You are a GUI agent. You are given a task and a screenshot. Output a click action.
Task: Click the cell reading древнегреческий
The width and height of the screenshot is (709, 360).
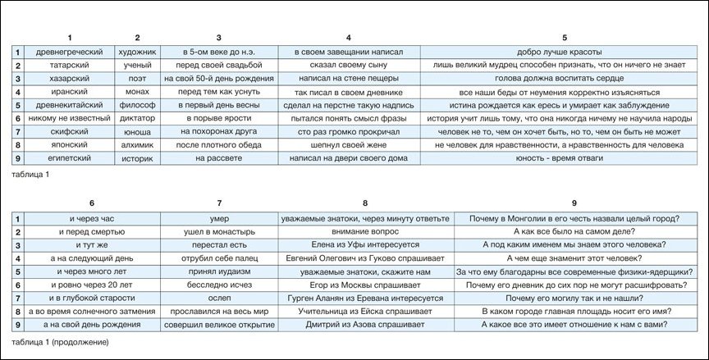pos(70,52)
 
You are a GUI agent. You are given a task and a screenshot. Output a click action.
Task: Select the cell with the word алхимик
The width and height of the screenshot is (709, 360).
pos(137,144)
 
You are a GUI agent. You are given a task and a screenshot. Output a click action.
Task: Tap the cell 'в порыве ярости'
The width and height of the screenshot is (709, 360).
pos(218,117)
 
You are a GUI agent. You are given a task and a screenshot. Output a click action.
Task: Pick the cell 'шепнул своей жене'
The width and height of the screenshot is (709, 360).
pos(349,144)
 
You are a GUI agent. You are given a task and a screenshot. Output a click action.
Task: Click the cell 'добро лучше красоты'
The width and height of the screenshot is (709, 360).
pos(564,52)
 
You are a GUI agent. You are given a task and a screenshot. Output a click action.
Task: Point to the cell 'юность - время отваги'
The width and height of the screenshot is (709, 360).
pos(564,157)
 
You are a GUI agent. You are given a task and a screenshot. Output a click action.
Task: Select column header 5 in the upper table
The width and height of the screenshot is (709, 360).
pos(564,38)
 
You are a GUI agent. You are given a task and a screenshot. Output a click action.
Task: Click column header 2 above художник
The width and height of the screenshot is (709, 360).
pos(137,38)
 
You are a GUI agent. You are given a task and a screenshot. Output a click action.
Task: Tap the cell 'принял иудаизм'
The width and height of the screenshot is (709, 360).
pos(219,271)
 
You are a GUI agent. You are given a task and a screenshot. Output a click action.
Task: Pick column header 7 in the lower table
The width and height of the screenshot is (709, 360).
pos(219,203)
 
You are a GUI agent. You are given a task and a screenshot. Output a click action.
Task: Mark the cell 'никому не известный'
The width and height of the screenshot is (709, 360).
pos(70,117)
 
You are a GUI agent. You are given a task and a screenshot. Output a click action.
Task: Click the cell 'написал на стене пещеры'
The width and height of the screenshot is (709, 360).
pos(349,78)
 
